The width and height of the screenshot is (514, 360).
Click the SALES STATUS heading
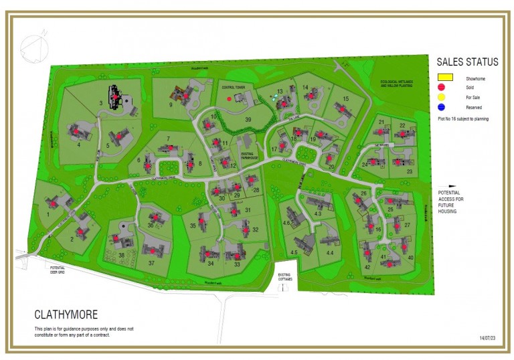point(467,62)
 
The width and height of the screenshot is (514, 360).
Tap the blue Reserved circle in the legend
point(442,107)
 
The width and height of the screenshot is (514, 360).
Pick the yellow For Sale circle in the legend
point(442,97)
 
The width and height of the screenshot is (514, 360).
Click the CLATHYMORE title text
point(66,314)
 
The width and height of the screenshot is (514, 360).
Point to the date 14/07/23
point(489,338)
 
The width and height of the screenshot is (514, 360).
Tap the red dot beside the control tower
point(230,98)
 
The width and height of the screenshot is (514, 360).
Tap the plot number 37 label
point(151,263)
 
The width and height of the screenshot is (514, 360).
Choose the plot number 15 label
point(345,99)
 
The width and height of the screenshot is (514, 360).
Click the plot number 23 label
point(409,172)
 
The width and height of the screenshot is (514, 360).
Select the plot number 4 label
point(78,144)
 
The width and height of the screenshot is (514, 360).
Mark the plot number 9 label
point(171,105)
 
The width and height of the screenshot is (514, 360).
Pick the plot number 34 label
point(210,264)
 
